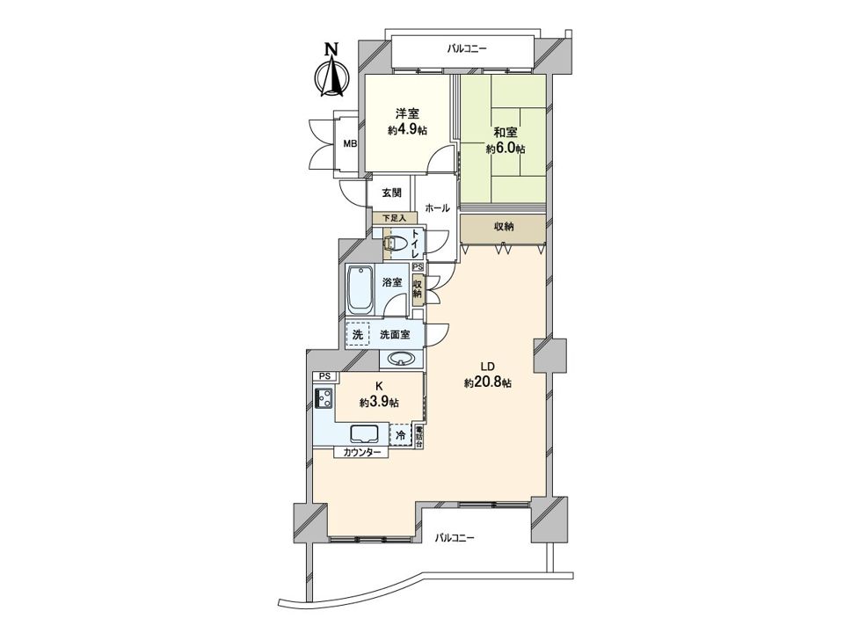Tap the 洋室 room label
tap(407, 113)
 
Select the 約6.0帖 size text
tap(506, 149)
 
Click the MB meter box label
tap(351, 144)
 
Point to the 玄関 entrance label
tap(391, 193)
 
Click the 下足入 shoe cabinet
tap(395, 218)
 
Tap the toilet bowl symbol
tap(395, 244)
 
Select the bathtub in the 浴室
tap(360, 291)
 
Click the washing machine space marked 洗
tap(358, 334)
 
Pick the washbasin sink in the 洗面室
tap(402, 359)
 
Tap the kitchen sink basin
tap(364, 433)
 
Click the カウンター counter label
tap(361, 453)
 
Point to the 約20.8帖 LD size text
tap(488, 383)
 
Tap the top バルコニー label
tap(467, 49)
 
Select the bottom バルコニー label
tap(455, 538)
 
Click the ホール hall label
tap(437, 208)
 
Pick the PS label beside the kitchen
tap(324, 377)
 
